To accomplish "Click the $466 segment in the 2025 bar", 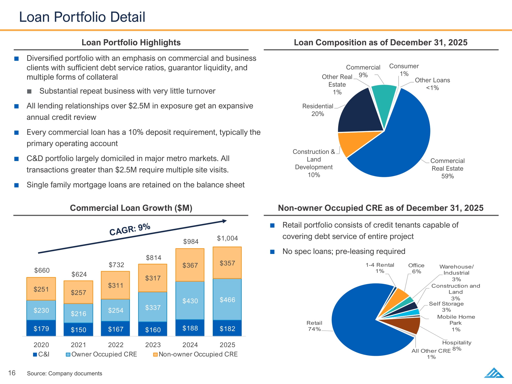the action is tap(227, 299).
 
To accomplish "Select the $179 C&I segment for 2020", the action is tap(41, 328).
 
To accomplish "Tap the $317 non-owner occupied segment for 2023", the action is tap(153, 278).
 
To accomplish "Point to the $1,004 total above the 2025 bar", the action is tap(227, 238).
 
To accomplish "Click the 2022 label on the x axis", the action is tap(116, 345).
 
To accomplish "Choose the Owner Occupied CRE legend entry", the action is tap(101, 354).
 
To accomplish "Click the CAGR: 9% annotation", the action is tap(130, 229).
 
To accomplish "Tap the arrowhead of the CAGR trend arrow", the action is tap(225, 221).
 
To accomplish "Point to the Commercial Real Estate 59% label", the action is tap(447, 168).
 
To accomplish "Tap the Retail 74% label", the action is tap(314, 326).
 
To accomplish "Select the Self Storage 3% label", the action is tap(446, 307).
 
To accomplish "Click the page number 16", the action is tap(12, 373).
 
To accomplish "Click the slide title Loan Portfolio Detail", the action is tap(82, 17).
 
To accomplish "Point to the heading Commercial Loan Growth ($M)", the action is tap(131, 208).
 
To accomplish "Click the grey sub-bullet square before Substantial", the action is tap(29, 91).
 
